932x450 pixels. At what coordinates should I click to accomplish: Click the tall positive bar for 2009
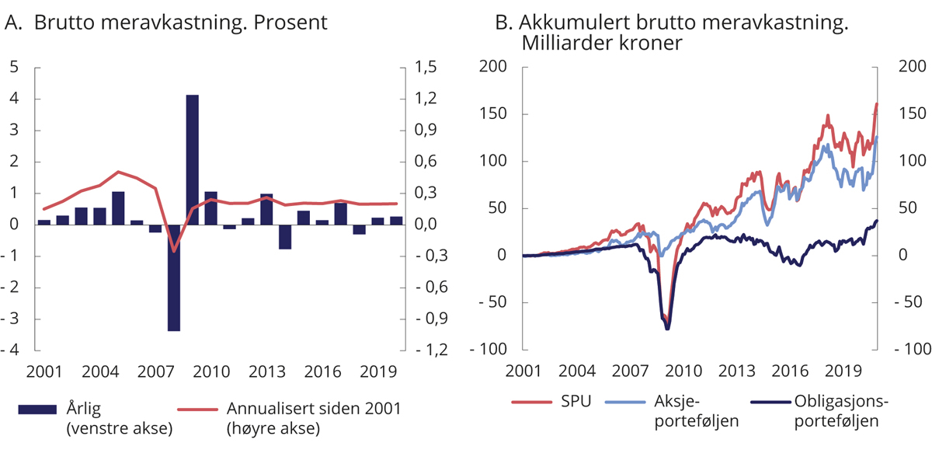click(192, 159)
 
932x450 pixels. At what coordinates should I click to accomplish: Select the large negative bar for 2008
click(173, 277)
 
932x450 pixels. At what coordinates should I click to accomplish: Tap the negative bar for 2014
click(285, 236)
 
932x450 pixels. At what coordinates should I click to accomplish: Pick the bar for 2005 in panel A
click(118, 208)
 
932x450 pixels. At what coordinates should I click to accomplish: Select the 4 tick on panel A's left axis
click(15, 99)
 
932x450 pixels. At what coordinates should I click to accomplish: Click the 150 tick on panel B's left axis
click(494, 114)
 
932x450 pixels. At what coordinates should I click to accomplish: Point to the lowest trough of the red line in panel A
click(174, 251)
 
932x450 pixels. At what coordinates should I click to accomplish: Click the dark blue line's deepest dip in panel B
click(667, 329)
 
